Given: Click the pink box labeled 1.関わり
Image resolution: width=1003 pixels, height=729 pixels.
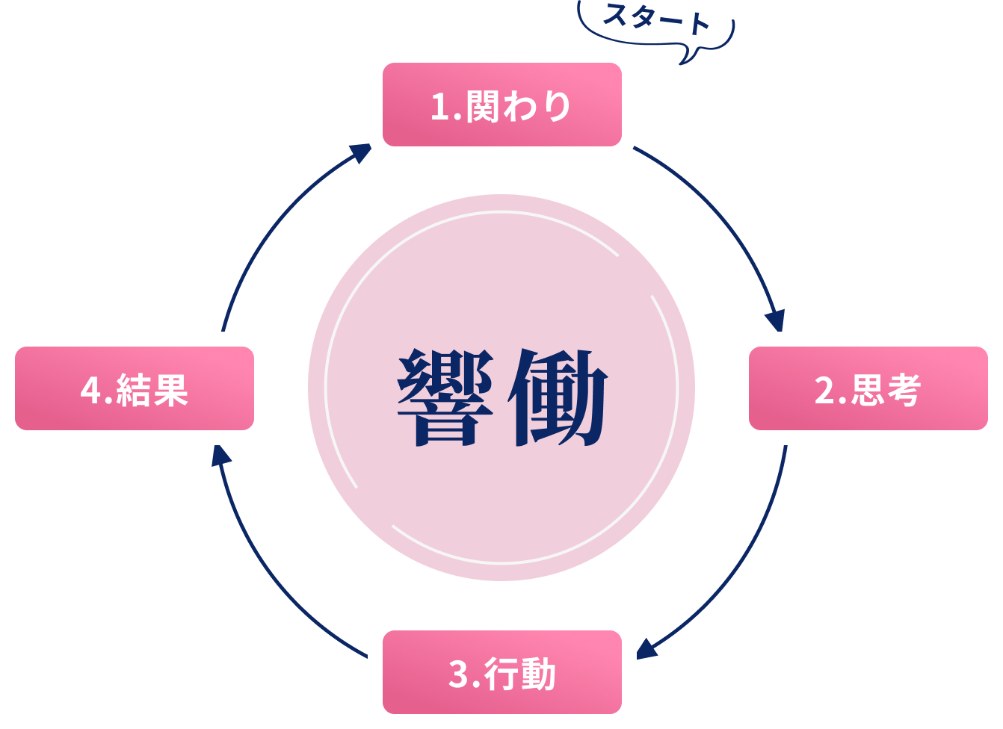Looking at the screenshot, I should click(x=501, y=105).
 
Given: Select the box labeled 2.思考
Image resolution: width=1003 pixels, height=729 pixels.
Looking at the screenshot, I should click(x=868, y=388).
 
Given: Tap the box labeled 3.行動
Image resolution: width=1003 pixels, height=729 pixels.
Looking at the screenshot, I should click(x=501, y=672).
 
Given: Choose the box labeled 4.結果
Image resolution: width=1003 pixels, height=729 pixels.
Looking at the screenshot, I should click(x=135, y=388).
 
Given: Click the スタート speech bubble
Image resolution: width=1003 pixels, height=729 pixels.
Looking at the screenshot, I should click(x=656, y=22).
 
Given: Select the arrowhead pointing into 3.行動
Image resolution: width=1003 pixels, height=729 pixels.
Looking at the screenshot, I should click(x=646, y=648).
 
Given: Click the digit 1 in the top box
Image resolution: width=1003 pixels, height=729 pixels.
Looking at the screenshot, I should click(x=439, y=108).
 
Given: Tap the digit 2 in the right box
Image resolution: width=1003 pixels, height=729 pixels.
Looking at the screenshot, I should click(x=824, y=391).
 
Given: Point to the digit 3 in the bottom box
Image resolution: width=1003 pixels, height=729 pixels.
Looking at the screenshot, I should click(x=458, y=675).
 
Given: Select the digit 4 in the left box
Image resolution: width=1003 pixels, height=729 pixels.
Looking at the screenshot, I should click(x=90, y=391).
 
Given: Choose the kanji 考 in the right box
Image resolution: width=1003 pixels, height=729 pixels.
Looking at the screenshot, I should click(x=903, y=390).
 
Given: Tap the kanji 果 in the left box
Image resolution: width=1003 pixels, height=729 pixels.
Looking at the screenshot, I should click(x=170, y=390).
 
